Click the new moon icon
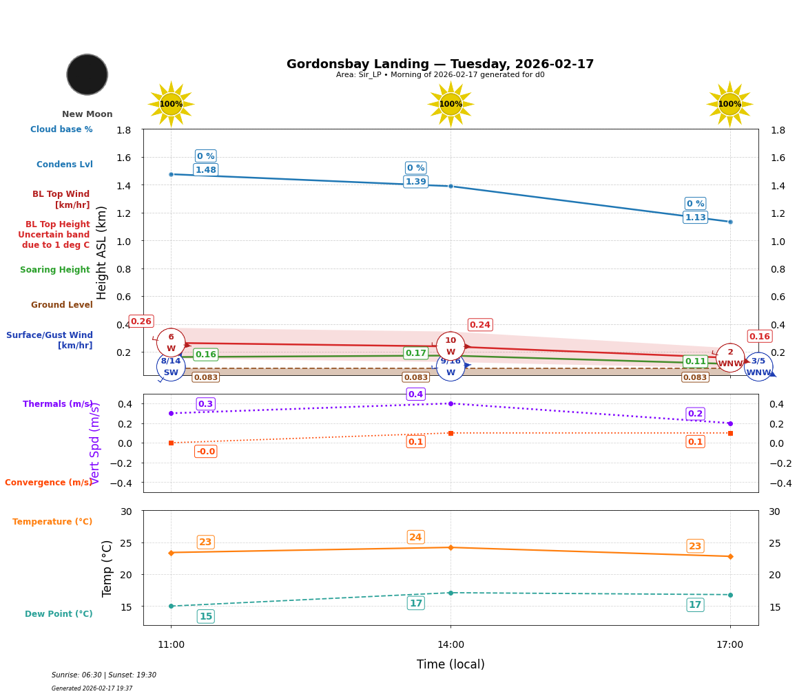click(87, 74)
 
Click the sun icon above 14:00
click(451, 104)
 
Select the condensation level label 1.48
click(205, 170)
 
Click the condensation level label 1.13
click(695, 218)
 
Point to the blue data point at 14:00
click(451, 186)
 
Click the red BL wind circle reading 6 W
click(171, 343)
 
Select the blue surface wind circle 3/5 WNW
click(758, 366)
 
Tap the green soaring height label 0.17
click(415, 353)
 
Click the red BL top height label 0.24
click(479, 325)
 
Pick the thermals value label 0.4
click(415, 394)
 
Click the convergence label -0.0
click(205, 452)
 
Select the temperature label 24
click(415, 537)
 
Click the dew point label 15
click(205, 616)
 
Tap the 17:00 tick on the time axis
click(729, 644)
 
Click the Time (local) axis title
click(451, 664)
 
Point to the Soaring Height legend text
click(55, 270)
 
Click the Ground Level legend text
click(61, 305)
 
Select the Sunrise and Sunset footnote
click(104, 675)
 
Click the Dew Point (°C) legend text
click(59, 614)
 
